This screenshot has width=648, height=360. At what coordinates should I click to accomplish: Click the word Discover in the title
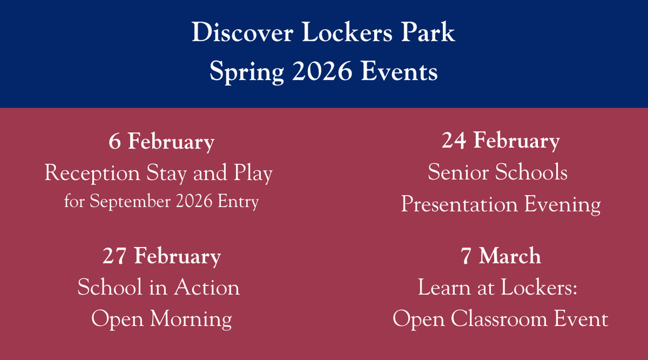(x=243, y=32)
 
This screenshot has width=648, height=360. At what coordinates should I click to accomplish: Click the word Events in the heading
(x=399, y=72)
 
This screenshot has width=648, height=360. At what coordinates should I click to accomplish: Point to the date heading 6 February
(x=161, y=142)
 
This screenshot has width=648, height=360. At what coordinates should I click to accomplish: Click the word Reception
(x=92, y=173)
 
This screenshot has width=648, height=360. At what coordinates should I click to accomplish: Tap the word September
(x=130, y=202)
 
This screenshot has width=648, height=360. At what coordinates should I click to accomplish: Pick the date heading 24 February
(x=501, y=141)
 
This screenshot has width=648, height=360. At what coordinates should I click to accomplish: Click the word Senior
(x=458, y=172)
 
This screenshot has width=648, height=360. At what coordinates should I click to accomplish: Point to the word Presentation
(x=459, y=204)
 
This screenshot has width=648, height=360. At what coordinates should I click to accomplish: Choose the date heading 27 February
(x=161, y=257)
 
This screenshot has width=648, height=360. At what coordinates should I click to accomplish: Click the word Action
(x=206, y=287)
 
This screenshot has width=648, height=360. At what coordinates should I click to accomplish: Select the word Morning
(x=191, y=320)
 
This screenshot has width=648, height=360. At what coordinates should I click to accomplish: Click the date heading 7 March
(x=501, y=256)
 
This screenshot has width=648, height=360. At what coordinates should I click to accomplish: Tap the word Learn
(x=444, y=287)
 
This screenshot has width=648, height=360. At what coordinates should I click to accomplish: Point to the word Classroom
(x=499, y=320)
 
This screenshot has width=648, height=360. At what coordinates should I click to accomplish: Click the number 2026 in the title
(x=322, y=72)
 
